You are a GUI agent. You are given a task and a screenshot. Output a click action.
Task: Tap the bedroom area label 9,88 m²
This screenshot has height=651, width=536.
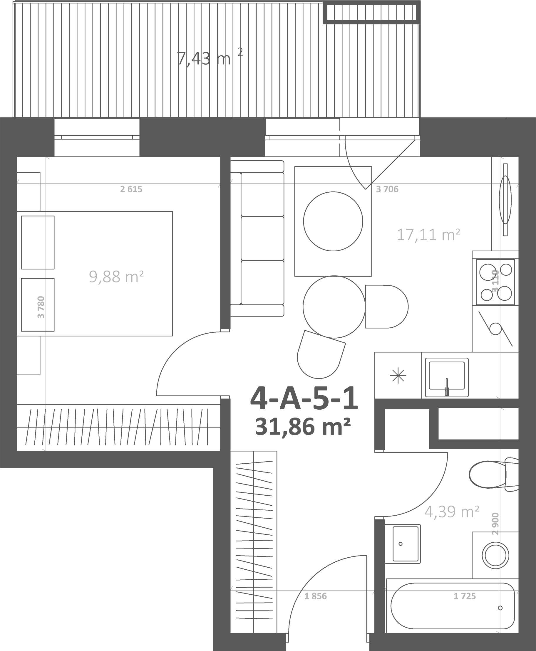[x=116, y=276]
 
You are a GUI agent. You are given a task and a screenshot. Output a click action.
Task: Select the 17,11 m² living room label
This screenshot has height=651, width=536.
[x=428, y=235]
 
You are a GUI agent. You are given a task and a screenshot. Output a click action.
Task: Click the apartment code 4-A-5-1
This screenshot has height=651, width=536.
[x=304, y=400]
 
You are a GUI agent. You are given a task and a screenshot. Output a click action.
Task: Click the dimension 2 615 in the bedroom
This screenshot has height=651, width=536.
[x=131, y=189]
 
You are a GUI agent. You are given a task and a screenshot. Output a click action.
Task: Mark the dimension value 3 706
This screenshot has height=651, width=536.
[x=387, y=189]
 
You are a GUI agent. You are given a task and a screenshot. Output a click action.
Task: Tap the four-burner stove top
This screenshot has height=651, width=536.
[x=495, y=282]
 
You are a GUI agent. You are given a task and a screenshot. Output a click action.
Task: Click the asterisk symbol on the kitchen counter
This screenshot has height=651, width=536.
[x=398, y=376]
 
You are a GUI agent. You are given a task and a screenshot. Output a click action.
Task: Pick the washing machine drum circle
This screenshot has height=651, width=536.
[x=495, y=556]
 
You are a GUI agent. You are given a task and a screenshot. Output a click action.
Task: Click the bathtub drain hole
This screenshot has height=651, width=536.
[x=500, y=608]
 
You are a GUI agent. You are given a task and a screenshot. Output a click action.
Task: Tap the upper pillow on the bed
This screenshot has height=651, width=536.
[x=38, y=243]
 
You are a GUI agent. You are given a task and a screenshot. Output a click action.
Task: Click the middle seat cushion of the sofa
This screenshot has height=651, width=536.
[x=262, y=238]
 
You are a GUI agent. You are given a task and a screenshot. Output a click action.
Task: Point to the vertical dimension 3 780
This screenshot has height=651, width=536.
[x=41, y=307]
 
